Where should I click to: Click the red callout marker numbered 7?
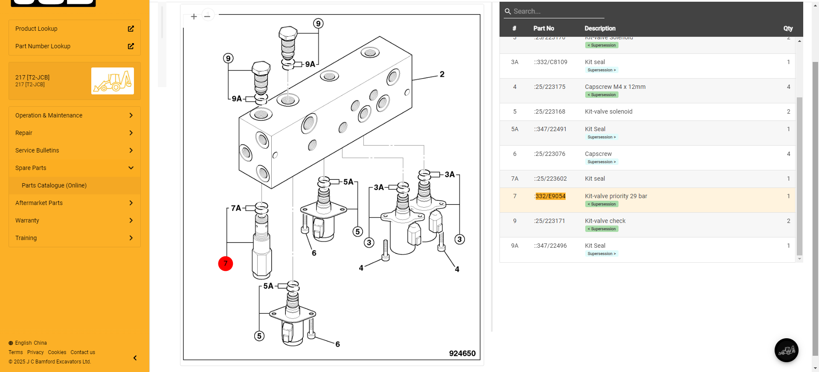[x=226, y=264]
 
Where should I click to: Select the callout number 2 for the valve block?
[x=442, y=74]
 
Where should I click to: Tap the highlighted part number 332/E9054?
[x=550, y=196]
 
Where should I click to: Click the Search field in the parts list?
[x=555, y=12]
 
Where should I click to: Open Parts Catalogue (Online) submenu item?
[x=54, y=185]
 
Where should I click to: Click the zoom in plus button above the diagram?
[x=194, y=16]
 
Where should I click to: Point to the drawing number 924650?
[x=462, y=353]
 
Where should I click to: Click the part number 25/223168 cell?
[x=550, y=111]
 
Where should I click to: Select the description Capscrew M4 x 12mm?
[x=615, y=87]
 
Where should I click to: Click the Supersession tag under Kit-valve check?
[x=601, y=229]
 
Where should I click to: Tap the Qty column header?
[x=788, y=28]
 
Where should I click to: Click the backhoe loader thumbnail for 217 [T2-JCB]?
[x=113, y=81]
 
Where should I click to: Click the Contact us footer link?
[x=83, y=352]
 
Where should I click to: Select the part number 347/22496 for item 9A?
[x=551, y=246]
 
